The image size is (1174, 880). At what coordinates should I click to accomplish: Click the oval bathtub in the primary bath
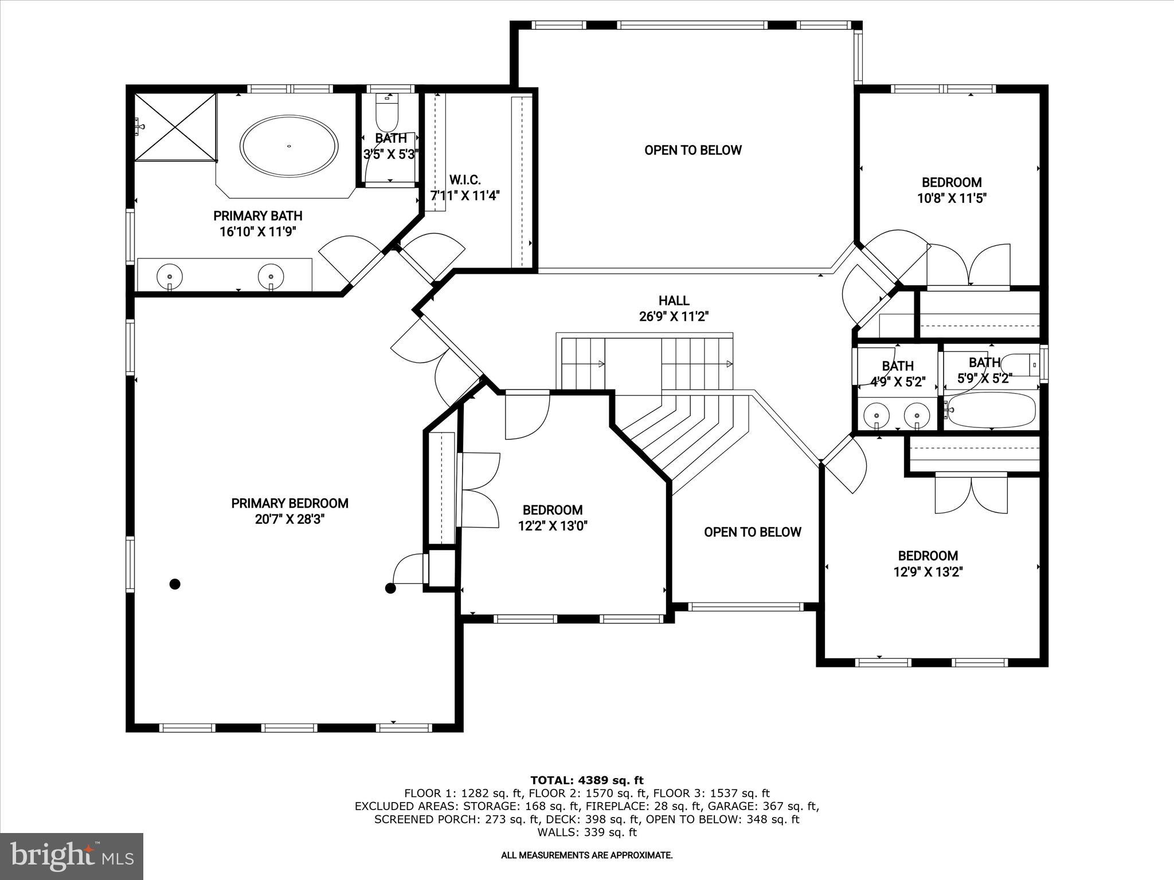tap(289, 146)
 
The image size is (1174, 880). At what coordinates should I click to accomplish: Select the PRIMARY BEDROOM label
tap(289, 504)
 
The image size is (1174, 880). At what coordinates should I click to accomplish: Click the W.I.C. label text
tap(465, 180)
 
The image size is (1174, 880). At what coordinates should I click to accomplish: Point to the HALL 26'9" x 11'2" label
tap(674, 308)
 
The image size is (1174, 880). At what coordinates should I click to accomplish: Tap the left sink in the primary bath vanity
tap(170, 276)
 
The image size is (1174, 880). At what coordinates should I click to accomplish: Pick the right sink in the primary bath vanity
tap(271, 276)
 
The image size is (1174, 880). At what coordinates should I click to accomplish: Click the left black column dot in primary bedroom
tap(175, 584)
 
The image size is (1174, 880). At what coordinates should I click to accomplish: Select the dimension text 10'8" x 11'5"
tap(952, 198)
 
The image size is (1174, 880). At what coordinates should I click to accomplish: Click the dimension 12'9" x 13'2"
tap(928, 572)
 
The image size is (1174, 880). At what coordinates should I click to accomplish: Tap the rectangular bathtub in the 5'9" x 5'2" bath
tap(991, 410)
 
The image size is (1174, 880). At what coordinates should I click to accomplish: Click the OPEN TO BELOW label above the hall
tap(693, 150)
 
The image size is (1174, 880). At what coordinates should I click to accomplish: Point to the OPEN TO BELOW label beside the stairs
tap(752, 532)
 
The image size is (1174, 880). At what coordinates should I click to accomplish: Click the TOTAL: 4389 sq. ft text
tap(586, 780)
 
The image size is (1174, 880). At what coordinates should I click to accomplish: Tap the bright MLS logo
tap(72, 856)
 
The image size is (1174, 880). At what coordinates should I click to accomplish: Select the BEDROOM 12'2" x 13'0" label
tap(553, 518)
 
